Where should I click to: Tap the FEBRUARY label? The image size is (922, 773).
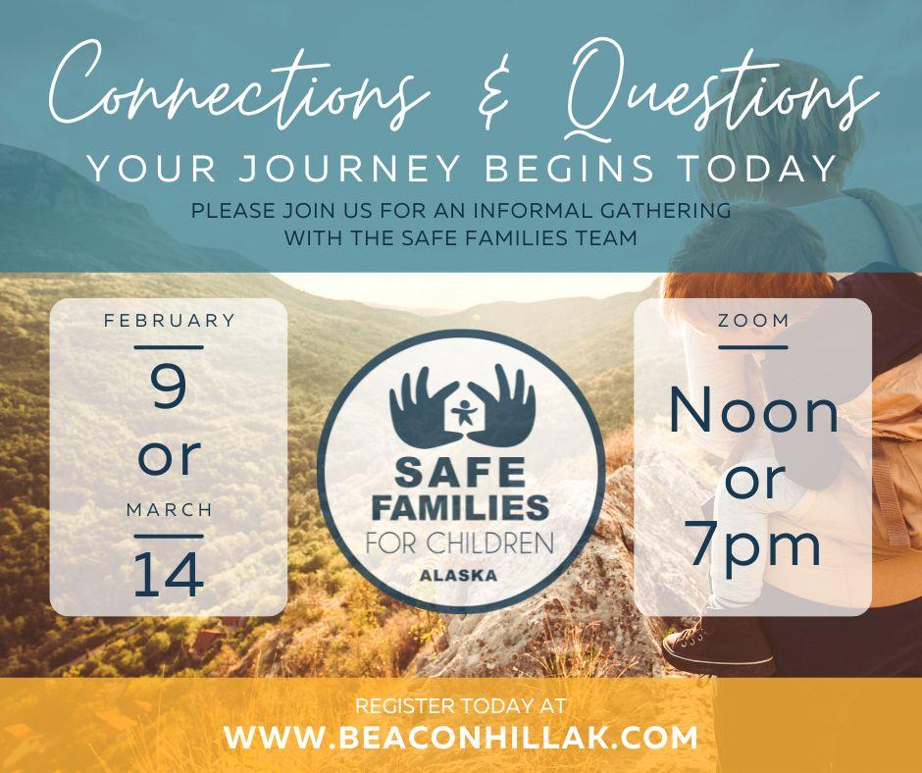pyautogui.click(x=170, y=321)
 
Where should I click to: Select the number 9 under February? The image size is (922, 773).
pyautogui.click(x=169, y=386)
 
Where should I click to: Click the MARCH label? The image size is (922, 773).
pyautogui.click(x=170, y=509)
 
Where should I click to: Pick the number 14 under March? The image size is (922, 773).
pyautogui.click(x=169, y=575)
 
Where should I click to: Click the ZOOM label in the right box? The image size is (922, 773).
pyautogui.click(x=753, y=321)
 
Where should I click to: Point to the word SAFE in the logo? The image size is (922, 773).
pyautogui.click(x=460, y=472)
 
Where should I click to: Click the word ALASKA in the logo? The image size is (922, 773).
pyautogui.click(x=458, y=576)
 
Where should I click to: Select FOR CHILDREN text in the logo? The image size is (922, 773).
pyautogui.click(x=459, y=543)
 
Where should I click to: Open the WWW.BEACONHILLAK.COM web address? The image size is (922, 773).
pyautogui.click(x=460, y=738)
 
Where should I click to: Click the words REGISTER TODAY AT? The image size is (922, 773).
pyautogui.click(x=460, y=705)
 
